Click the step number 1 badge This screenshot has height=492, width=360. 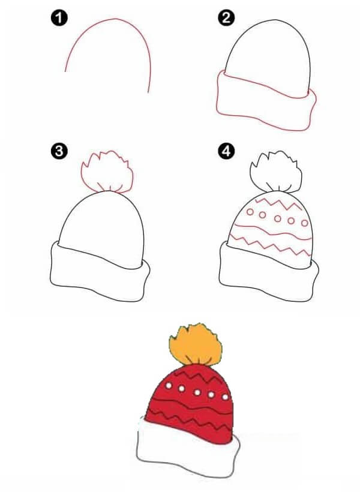[x=59, y=18]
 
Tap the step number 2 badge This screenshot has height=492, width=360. [x=226, y=18]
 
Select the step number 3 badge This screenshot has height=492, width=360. [x=59, y=151]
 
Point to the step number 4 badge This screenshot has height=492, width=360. [x=226, y=151]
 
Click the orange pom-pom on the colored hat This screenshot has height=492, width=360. [x=196, y=345]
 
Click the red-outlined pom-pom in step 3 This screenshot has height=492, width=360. [x=107, y=172]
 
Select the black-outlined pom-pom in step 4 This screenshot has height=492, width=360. [x=276, y=172]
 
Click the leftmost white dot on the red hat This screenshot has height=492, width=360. [x=169, y=385]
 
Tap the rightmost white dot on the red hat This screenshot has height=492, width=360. [x=225, y=397]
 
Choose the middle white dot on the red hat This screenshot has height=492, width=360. [x=197, y=392]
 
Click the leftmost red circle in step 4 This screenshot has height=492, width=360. [x=250, y=212]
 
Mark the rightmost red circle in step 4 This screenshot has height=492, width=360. [x=305, y=223]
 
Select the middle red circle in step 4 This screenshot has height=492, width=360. [x=277, y=218]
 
